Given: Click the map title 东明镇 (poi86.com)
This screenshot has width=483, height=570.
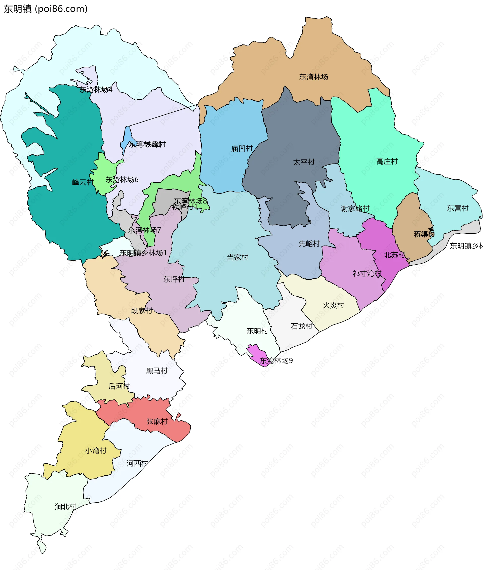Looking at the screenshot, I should click(x=46, y=9).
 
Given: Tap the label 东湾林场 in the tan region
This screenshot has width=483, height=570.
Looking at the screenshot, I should click(x=313, y=77).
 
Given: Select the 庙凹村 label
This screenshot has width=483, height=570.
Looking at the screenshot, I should click(x=242, y=148).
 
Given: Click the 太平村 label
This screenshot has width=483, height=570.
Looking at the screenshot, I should click(x=304, y=162).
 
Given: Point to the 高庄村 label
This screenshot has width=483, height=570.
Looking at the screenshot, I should click(x=387, y=161).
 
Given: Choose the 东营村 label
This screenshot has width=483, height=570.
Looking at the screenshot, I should click(x=457, y=208).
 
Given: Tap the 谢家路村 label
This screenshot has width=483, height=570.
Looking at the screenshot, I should click(x=355, y=208).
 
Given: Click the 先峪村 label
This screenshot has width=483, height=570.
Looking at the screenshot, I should click(x=309, y=243).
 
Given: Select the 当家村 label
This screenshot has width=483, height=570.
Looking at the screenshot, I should click(x=237, y=257).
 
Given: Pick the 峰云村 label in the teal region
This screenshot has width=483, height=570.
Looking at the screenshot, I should click(x=83, y=182).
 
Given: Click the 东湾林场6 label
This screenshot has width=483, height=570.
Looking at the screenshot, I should click(x=122, y=180).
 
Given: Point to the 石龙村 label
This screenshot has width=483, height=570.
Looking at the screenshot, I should click(x=301, y=326).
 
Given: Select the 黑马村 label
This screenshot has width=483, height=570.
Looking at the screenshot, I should click(x=157, y=371).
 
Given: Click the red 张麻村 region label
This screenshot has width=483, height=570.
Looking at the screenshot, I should click(x=157, y=421).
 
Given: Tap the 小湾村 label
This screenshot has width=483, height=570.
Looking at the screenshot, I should click(x=96, y=451).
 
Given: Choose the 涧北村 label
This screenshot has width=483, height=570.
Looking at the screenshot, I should click(x=65, y=507).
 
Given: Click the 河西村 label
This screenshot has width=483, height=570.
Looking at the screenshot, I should click(x=137, y=463).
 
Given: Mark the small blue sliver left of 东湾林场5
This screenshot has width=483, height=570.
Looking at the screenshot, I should click(x=127, y=140).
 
